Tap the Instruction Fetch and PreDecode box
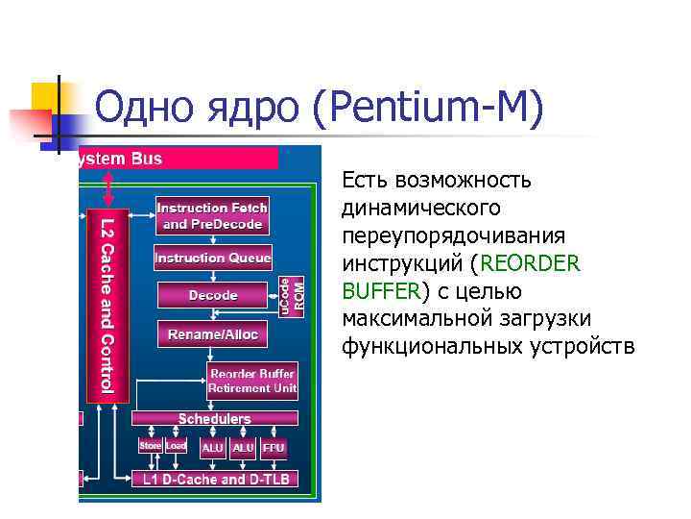click(x=212, y=216)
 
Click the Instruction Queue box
click(x=213, y=258)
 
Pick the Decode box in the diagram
click(x=213, y=295)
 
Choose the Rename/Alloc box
click(x=213, y=334)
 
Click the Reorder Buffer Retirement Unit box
click(x=252, y=381)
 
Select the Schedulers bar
click(x=215, y=419)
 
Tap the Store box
click(x=151, y=447)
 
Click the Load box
click(x=176, y=447)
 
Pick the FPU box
click(x=274, y=448)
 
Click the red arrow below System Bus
click(x=108, y=182)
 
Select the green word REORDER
click(x=533, y=262)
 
